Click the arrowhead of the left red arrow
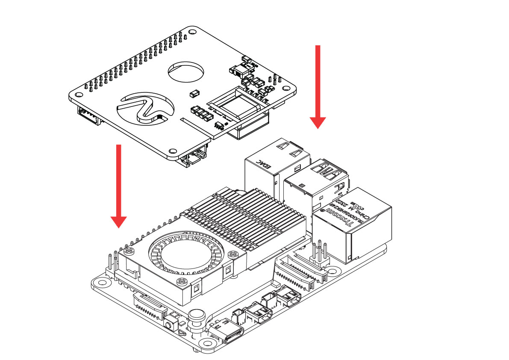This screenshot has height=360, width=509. coord(118,221)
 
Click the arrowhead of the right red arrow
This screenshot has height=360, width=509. coord(318,122)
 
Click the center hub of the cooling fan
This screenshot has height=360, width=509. coord(179,256)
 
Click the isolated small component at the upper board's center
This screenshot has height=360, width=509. coord(194,92)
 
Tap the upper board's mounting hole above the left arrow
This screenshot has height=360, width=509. coord(173,151)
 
